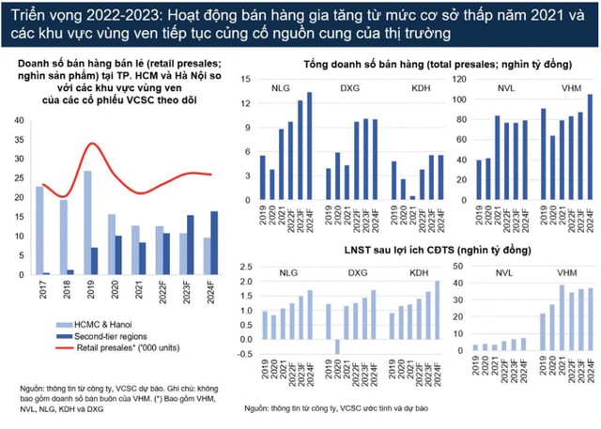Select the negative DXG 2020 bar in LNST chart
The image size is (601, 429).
pyautogui.click(x=337, y=345)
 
